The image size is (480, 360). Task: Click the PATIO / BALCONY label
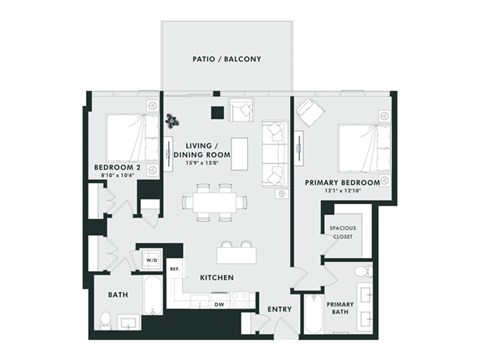click(226, 60)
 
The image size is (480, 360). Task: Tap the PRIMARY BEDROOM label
click(343, 182)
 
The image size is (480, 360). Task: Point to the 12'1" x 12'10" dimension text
click(343, 192)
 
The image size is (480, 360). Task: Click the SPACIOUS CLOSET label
click(343, 233)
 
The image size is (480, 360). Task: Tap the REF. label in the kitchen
click(173, 269)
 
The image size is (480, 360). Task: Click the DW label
click(218, 304)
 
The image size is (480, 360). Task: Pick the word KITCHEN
click(217, 277)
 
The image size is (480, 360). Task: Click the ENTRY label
click(279, 309)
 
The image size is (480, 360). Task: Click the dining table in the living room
click(214, 202)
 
